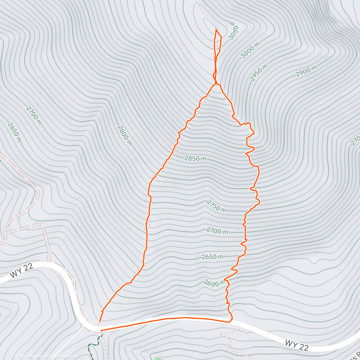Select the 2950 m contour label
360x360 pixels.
(x=259, y=73)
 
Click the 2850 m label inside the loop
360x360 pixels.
(x=195, y=158)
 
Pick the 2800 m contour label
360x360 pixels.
(x=124, y=135)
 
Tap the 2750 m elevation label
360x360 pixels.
(x=216, y=206)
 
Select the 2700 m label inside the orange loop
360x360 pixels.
(x=217, y=231)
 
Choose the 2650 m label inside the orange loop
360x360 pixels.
(x=212, y=257)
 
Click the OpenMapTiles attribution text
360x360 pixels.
(x=29, y=356)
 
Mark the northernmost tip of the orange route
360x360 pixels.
(x=216, y=29)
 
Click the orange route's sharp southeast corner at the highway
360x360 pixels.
(x=231, y=320)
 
